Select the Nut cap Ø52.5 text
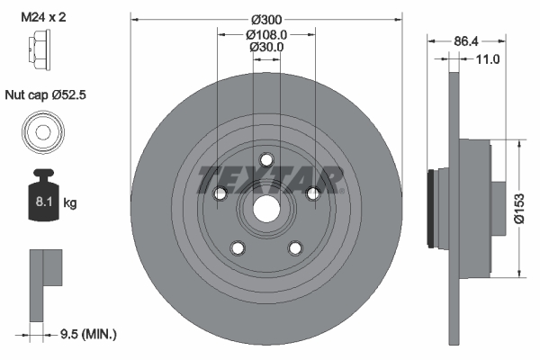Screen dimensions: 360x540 45,94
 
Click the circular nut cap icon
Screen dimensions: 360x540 40,132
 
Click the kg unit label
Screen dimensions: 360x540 70,203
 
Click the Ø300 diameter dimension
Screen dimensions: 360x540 266,19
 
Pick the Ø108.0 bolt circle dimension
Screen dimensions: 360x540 266,34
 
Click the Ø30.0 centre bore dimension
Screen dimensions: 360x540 266,48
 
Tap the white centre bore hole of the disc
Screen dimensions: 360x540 266,209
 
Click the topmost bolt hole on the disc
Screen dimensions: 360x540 266,159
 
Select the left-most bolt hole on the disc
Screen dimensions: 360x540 220,193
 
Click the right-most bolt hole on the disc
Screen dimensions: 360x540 313,193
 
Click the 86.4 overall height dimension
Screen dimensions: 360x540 464,41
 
